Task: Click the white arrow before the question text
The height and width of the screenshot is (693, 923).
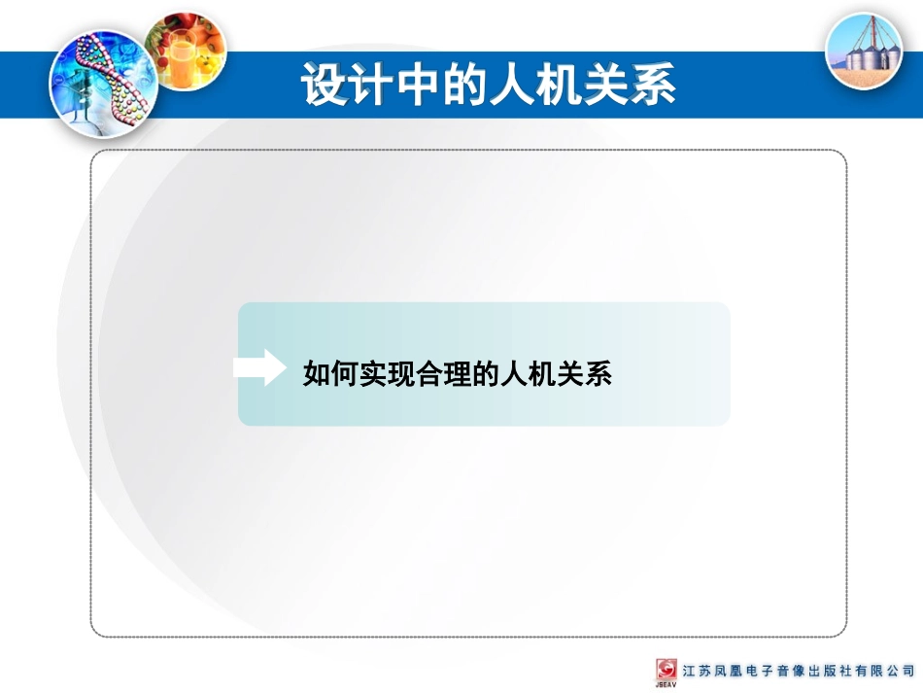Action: point(259,367)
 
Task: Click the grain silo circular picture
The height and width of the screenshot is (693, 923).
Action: point(863,51)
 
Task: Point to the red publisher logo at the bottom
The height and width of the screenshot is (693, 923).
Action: point(667,670)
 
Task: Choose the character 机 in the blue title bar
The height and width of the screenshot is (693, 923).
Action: point(560,86)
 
